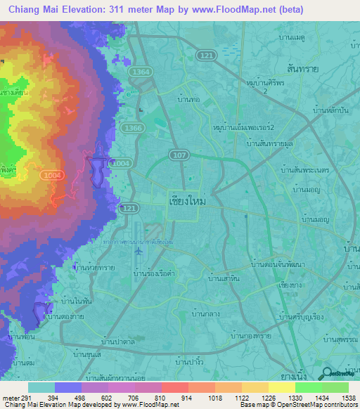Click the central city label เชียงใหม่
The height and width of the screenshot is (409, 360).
188,200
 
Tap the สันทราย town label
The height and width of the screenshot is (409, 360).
337,63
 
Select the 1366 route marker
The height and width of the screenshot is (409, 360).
132,128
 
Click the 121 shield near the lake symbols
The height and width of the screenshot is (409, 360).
205,54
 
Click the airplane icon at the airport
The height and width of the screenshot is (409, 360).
138,251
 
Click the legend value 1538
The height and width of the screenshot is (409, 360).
348,398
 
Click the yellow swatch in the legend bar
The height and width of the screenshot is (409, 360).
282,387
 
